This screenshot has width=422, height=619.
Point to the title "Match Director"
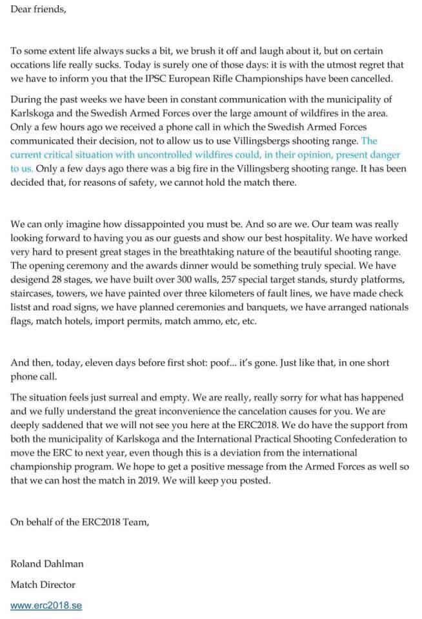pos(43,585)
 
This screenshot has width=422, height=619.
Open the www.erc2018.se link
pos(46,605)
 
